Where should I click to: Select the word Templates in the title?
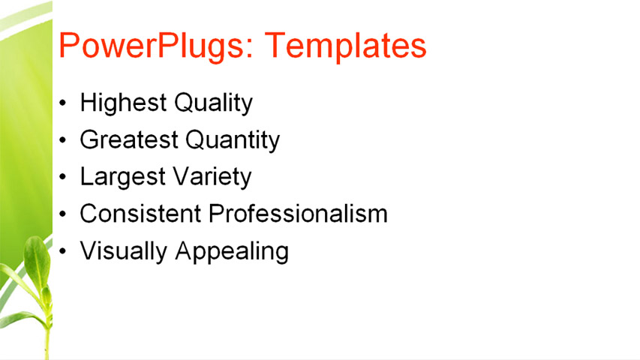tap(346, 46)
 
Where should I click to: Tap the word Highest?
tap(123, 103)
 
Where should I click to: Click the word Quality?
tap(213, 103)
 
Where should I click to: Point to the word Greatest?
tap(129, 139)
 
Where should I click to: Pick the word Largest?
tap(123, 177)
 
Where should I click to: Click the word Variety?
tap(212, 177)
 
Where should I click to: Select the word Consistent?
tap(141, 214)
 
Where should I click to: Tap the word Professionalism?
tap(298, 214)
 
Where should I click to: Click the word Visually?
tap(124, 251)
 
